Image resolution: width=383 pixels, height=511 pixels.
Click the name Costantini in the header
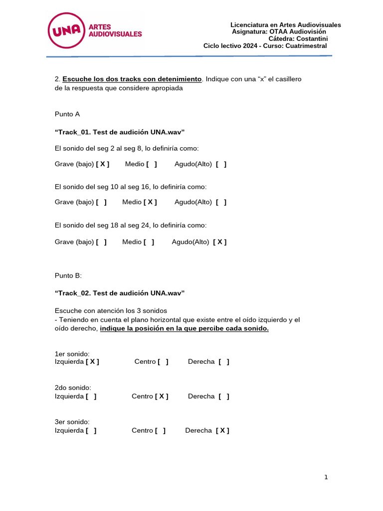310,38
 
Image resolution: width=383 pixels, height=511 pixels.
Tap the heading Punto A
67,114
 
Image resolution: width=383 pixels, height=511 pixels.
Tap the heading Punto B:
68,275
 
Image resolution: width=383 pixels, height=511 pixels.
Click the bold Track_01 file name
120,132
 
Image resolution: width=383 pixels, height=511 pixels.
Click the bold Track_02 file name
120,293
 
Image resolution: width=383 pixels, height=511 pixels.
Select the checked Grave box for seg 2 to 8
103,164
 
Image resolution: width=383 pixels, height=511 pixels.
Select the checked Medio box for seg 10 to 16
150,202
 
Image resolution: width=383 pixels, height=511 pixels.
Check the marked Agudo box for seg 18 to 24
220,242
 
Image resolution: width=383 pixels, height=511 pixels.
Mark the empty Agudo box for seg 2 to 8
221,164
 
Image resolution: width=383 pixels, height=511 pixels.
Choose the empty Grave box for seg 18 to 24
101,242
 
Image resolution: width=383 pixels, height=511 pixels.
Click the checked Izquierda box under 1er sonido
92,362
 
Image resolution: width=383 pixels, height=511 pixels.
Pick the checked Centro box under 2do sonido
162,396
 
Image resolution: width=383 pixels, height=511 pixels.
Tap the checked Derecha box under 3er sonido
222,430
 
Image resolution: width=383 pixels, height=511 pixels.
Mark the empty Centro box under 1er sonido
163,362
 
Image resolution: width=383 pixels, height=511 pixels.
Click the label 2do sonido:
73,388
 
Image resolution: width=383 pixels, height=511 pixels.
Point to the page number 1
326,477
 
